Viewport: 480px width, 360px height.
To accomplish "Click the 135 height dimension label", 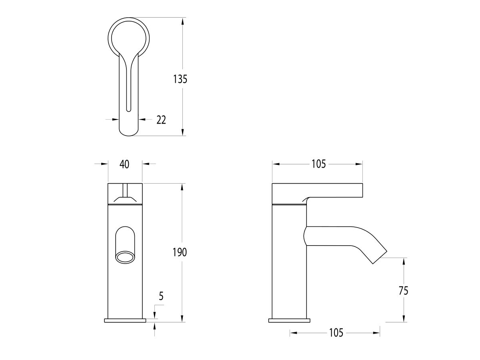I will (x=180, y=79).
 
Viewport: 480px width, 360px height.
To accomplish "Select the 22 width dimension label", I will (x=161, y=120).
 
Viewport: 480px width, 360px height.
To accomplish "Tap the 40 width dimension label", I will (x=124, y=164).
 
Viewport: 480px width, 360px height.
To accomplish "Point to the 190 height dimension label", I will (x=180, y=252).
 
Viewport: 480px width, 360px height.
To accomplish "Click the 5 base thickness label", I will (x=161, y=296).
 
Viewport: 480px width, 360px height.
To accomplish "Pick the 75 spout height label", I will (x=404, y=290).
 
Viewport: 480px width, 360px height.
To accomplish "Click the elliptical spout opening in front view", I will (x=125, y=257).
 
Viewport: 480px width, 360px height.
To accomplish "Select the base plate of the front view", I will (x=125, y=320).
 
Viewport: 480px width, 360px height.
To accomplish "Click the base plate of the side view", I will (x=289, y=320).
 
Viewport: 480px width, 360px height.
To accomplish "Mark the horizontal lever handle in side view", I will (x=317, y=190).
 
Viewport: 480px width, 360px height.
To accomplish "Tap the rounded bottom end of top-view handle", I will (x=128, y=130).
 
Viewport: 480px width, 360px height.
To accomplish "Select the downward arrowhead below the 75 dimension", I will (x=404, y=318).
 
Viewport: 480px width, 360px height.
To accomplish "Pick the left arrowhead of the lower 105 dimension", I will (x=293, y=332).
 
